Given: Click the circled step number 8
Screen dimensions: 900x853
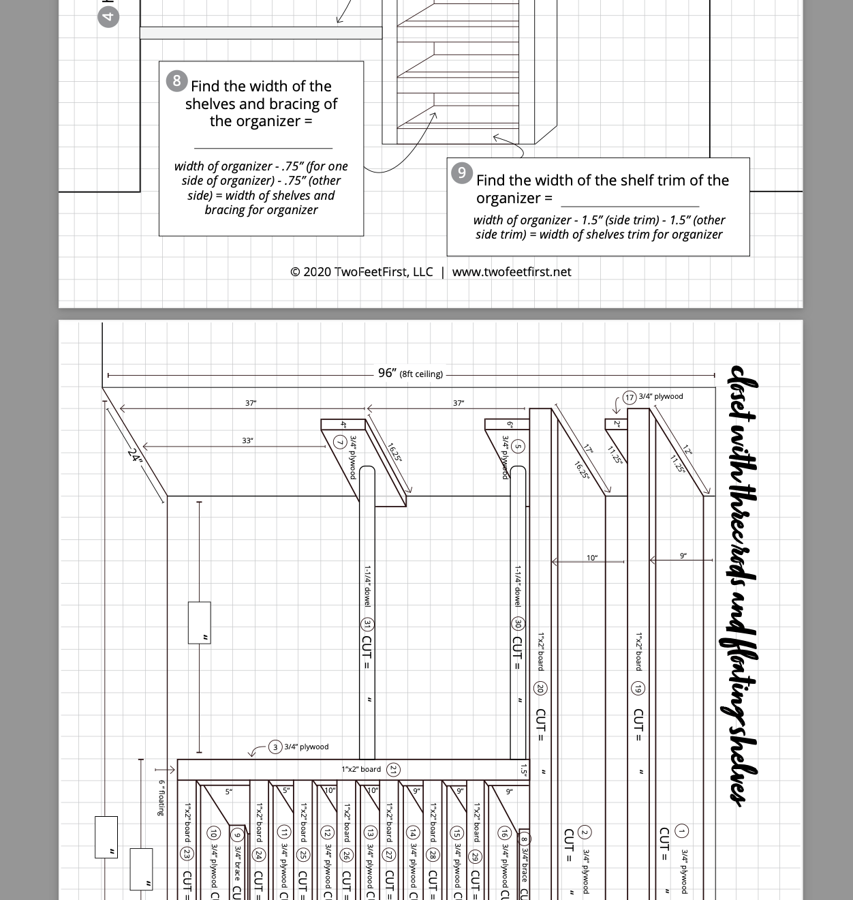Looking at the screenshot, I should click(176, 81).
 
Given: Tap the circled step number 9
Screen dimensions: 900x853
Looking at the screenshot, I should click(462, 173).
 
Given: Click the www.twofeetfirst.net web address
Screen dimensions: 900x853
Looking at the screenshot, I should click(512, 272).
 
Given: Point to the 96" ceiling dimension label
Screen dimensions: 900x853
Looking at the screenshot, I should click(387, 373).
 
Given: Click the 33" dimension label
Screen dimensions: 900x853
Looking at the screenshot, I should click(247, 440).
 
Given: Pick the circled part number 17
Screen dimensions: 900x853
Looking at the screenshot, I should click(630, 397).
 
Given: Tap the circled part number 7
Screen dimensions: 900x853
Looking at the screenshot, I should click(340, 443).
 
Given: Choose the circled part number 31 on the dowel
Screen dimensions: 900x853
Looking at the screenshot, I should click(367, 625).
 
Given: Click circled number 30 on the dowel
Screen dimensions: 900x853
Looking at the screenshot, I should click(518, 624).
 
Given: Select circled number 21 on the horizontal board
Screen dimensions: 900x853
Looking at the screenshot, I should click(393, 770).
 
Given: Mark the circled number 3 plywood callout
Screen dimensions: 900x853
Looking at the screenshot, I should click(275, 747).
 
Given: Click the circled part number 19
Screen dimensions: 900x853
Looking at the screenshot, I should click(638, 689).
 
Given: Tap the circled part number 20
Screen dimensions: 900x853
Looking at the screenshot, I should click(540, 689).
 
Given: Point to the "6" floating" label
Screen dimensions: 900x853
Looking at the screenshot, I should click(161, 798).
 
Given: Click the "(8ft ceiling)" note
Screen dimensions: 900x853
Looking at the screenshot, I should click(421, 374).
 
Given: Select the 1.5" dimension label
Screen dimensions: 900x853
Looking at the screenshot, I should click(523, 770).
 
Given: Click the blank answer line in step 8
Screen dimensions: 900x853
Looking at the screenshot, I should click(263, 147).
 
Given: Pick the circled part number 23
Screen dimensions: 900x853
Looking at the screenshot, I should click(187, 854).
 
